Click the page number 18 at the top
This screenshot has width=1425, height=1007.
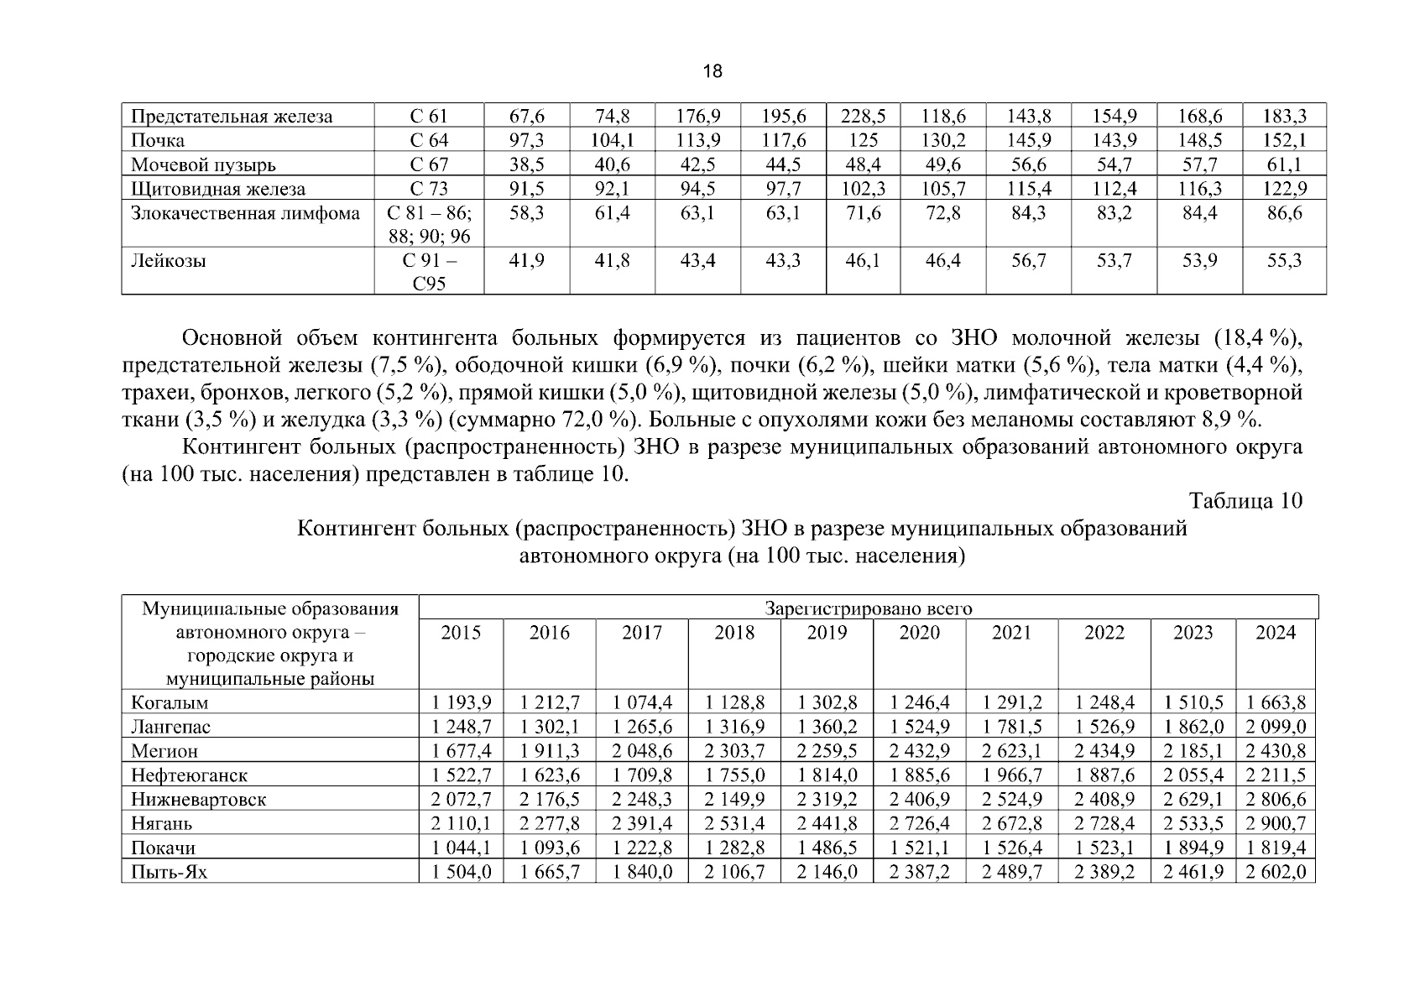point(712,71)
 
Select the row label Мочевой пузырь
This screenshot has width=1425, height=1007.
point(203,164)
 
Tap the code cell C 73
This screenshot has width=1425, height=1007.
point(429,189)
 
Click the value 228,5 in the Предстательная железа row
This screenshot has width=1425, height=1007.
point(863,116)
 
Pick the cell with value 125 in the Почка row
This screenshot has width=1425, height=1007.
point(863,140)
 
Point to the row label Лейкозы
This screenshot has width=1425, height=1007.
point(169,261)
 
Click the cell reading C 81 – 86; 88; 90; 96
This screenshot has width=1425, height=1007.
point(429,224)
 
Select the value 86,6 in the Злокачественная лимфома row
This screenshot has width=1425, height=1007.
point(1284,213)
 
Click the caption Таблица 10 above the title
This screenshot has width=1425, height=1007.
point(1245,501)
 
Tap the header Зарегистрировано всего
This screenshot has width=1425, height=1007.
point(868,608)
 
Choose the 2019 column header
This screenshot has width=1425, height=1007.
point(827,633)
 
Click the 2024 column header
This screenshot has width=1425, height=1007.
point(1275,633)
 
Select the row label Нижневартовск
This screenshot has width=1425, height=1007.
point(198,800)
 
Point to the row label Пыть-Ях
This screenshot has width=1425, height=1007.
point(169,873)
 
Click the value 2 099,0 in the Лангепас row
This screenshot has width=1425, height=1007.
point(1275,727)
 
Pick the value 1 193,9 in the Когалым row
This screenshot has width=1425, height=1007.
point(461,702)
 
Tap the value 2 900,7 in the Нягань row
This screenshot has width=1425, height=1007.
point(1275,824)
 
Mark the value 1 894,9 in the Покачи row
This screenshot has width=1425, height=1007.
point(1193,848)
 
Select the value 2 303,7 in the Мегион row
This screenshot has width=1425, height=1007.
point(734,751)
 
